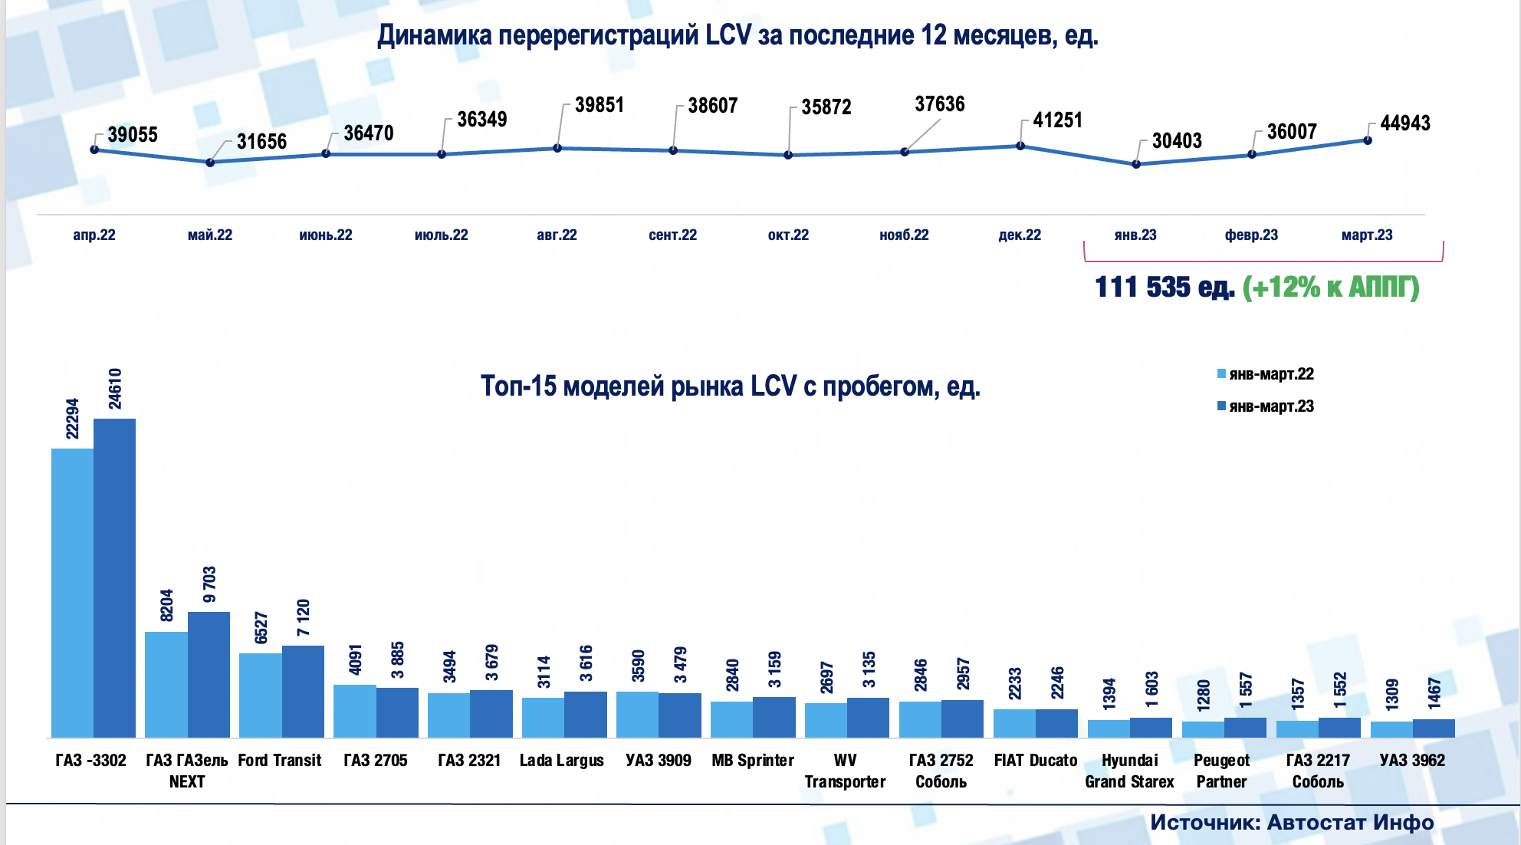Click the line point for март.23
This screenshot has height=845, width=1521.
click(1368, 140)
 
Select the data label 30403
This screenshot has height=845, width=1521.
click(1177, 141)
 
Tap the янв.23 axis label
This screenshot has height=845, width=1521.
click(1135, 235)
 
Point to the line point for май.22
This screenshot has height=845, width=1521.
click(210, 163)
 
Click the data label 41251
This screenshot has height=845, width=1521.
click(1057, 120)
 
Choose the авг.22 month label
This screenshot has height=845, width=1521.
click(557, 235)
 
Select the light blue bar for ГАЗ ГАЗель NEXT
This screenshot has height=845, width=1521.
click(166, 684)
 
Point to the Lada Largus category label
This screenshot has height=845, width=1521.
click(562, 761)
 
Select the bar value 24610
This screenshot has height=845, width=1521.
click(115, 389)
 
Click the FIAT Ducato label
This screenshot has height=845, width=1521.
click(1035, 761)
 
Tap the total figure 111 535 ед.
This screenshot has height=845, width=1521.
click(1164, 288)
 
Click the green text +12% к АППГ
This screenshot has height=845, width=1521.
click(1331, 288)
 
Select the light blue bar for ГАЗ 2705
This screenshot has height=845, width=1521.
click(355, 711)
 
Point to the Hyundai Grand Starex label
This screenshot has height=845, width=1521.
click(1129, 771)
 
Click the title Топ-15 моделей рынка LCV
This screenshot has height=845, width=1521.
click(730, 386)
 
